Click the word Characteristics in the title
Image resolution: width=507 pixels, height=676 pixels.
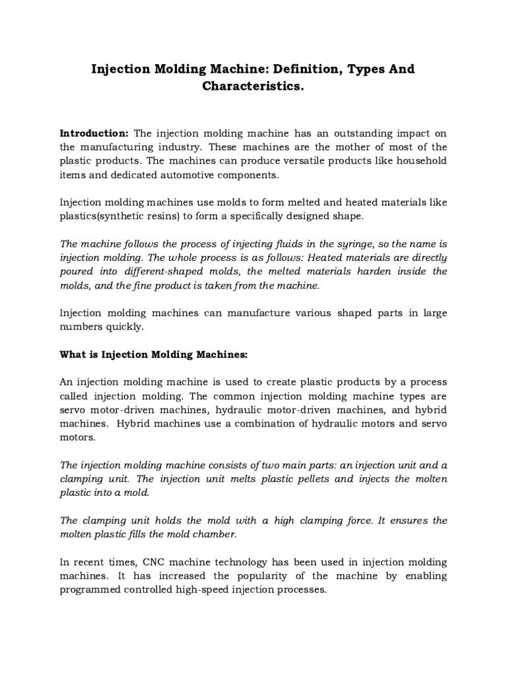253,87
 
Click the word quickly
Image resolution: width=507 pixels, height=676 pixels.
123,327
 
